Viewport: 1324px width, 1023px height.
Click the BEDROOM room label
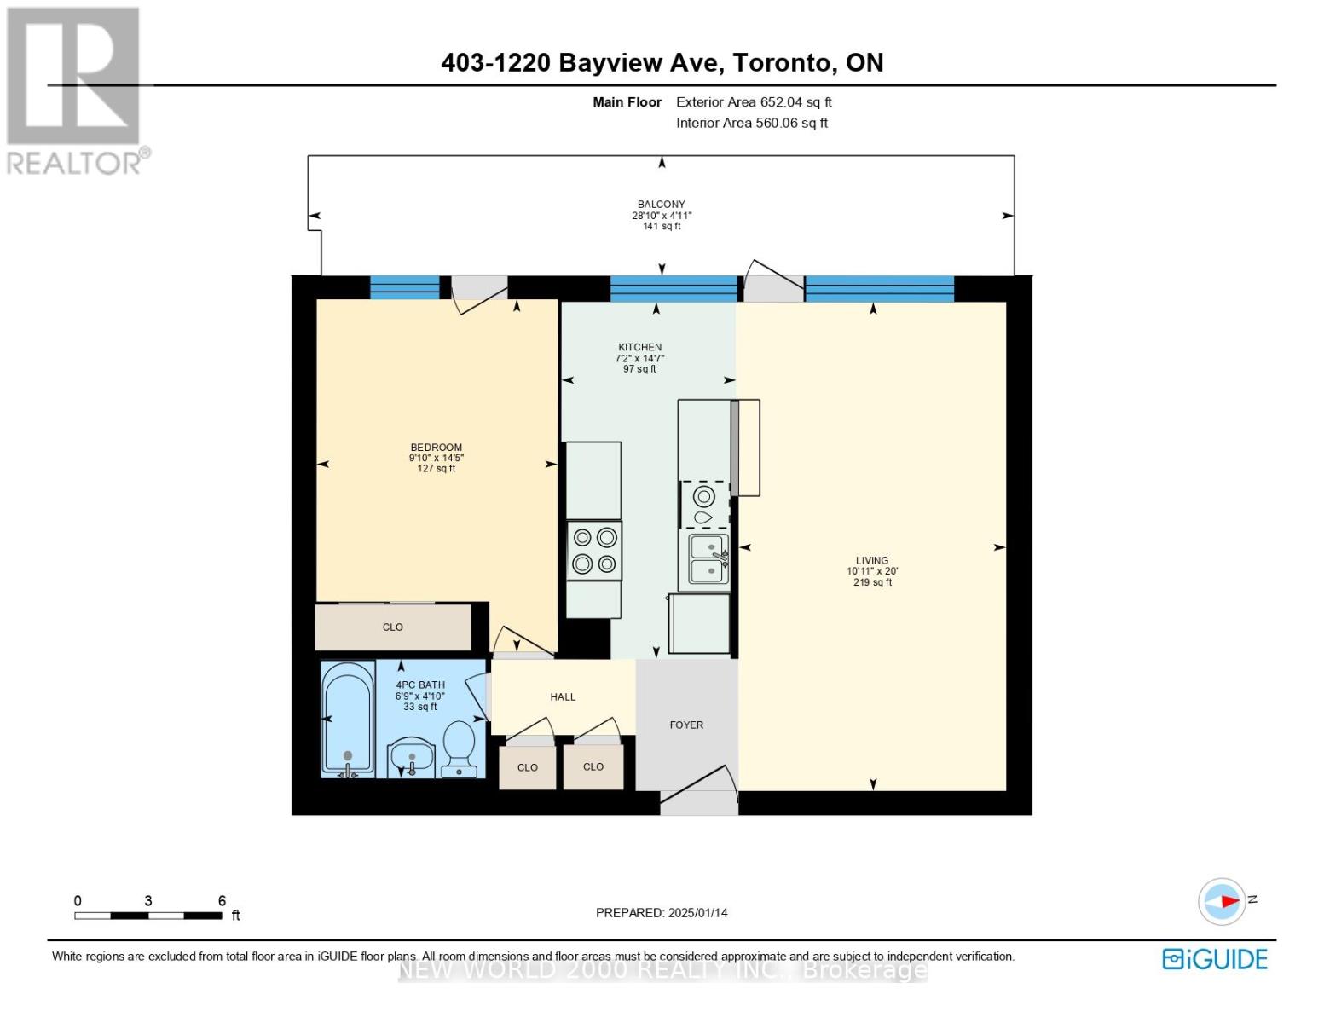436,448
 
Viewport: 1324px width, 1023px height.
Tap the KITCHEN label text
639,347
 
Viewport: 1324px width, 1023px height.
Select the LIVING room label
872,561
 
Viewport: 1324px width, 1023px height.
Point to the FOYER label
686,725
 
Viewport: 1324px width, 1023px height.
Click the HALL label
563,697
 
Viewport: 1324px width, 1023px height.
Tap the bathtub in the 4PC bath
348,720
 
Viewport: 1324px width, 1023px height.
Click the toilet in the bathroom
459,749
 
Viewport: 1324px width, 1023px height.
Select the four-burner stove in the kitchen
594,551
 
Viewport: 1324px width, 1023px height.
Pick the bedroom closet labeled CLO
392,627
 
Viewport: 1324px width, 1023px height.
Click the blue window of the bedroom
405,287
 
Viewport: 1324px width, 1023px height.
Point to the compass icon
1222,902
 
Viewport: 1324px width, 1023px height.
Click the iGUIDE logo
1215,959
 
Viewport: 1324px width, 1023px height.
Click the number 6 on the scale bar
222,900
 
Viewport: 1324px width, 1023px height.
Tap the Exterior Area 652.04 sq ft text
754,102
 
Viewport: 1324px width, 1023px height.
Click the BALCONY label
661,205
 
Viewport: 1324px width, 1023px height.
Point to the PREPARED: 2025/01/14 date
662,913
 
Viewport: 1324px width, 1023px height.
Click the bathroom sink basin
411,758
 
